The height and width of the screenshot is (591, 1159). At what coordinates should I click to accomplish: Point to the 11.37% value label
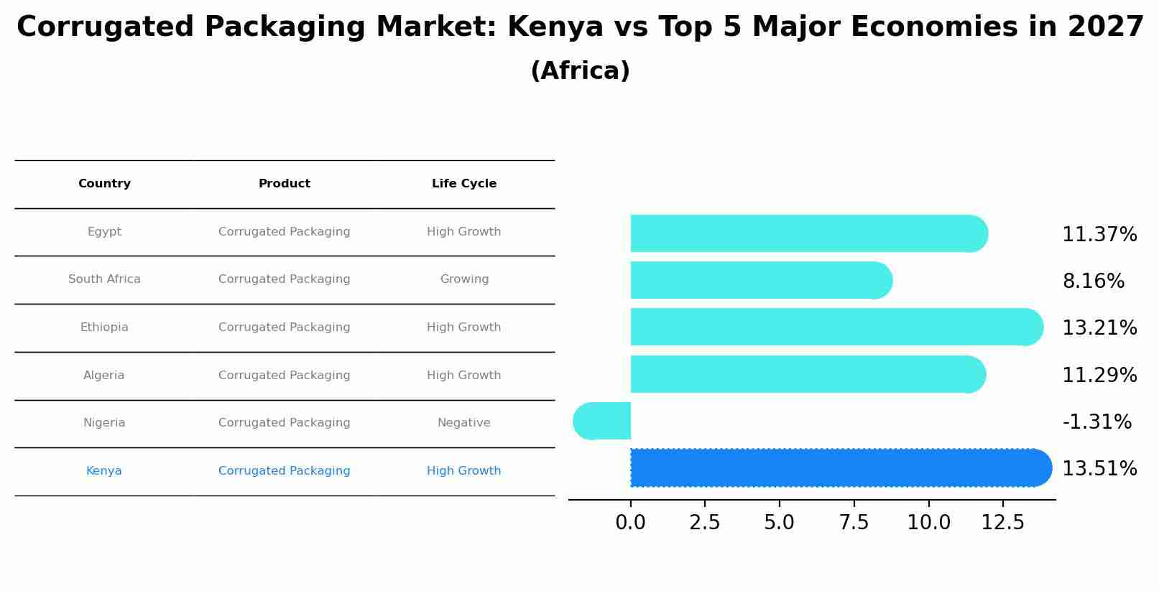[x=1099, y=235]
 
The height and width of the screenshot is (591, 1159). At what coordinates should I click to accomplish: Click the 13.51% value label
[x=1099, y=469]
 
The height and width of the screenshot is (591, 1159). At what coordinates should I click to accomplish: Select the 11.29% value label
[x=1099, y=376]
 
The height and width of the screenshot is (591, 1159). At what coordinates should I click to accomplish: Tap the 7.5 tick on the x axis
[x=854, y=523]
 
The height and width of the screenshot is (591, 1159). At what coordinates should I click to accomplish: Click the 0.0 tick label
[x=630, y=523]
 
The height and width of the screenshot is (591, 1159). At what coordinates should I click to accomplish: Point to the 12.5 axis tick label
[x=1002, y=523]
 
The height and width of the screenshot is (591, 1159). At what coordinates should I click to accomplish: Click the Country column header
[x=104, y=184]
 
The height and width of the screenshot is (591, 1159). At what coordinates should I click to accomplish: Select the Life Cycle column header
[x=464, y=184]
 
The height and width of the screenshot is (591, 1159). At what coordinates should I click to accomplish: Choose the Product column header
[x=285, y=184]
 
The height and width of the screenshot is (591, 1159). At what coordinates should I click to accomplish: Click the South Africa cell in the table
[x=104, y=279]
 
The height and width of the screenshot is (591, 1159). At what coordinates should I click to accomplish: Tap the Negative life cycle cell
[x=464, y=423]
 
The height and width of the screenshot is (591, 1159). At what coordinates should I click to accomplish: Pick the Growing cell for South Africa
[x=464, y=279]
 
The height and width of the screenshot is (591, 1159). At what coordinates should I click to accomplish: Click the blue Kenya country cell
[x=104, y=471]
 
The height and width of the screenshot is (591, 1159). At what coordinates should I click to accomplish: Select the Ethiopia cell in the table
[x=104, y=327]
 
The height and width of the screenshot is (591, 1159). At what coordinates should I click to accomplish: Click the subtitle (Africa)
[x=580, y=71]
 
